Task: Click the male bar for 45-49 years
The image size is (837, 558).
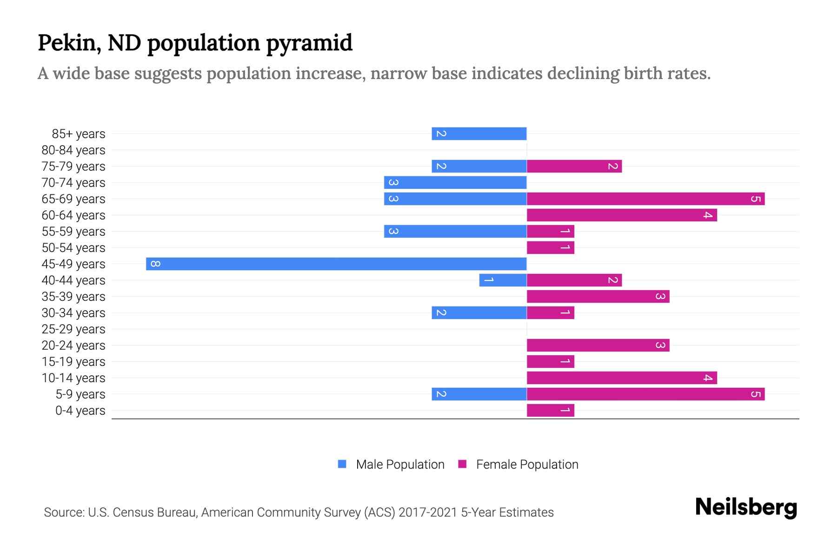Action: point(336,264)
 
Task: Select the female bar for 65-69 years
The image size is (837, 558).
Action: point(645,199)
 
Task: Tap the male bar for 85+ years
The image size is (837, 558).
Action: point(479,133)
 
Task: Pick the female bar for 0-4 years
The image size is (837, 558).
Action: point(550,410)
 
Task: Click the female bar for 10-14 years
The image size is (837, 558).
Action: point(622,378)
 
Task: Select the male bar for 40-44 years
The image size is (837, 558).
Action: point(503,280)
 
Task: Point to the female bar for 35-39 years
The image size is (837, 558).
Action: point(598,296)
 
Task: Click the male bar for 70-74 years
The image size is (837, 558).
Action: point(455,182)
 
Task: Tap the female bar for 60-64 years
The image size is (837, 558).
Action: point(622,215)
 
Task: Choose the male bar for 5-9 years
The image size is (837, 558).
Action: point(479,394)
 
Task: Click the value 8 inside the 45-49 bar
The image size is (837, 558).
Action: point(156,264)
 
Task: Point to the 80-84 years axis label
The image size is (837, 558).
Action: point(73,150)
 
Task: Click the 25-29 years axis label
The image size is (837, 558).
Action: point(73,329)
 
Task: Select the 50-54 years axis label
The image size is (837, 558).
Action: point(73,248)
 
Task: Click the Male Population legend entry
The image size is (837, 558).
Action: point(400,464)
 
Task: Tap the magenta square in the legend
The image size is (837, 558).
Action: point(462,464)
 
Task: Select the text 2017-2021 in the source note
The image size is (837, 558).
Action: point(428,512)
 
